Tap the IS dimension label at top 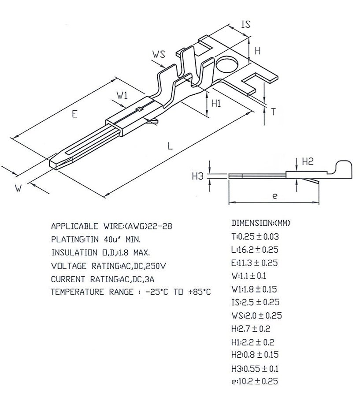pos(246,25)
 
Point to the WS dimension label pos(159,54)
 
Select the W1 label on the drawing pos(122,95)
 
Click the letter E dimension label pos(74,114)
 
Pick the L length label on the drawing pos(170,146)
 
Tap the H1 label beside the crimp pos(216,103)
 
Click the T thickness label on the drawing pos(273,112)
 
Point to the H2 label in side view pos(308,161)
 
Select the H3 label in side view pos(197,176)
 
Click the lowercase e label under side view pos(275,196)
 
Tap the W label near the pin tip pos(18,188)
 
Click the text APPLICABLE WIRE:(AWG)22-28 pos(111,226)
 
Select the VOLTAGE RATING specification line pos(108,266)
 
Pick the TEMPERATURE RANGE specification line pos(131,292)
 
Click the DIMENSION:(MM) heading pos(261,223)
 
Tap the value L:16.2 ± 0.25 pos(255,250)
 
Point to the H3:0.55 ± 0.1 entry pos(255,368)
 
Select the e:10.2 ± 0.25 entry pos(255,381)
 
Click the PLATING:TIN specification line pos(96,240)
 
